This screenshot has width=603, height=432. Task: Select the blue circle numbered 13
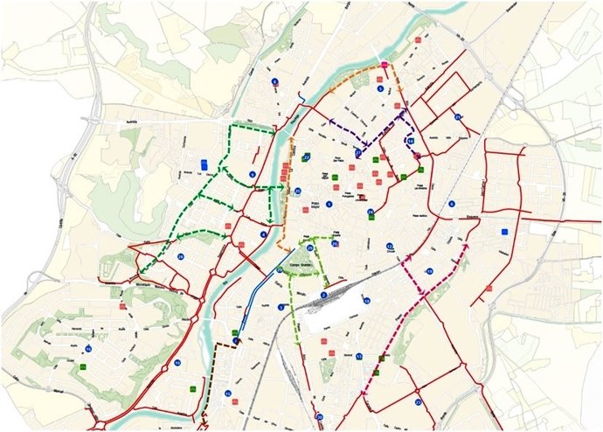coord(358,356)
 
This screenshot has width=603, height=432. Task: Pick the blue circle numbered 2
coord(323,295)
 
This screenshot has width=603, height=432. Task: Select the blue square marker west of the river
coord(204,164)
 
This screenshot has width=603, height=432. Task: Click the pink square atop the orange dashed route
coord(385,65)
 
